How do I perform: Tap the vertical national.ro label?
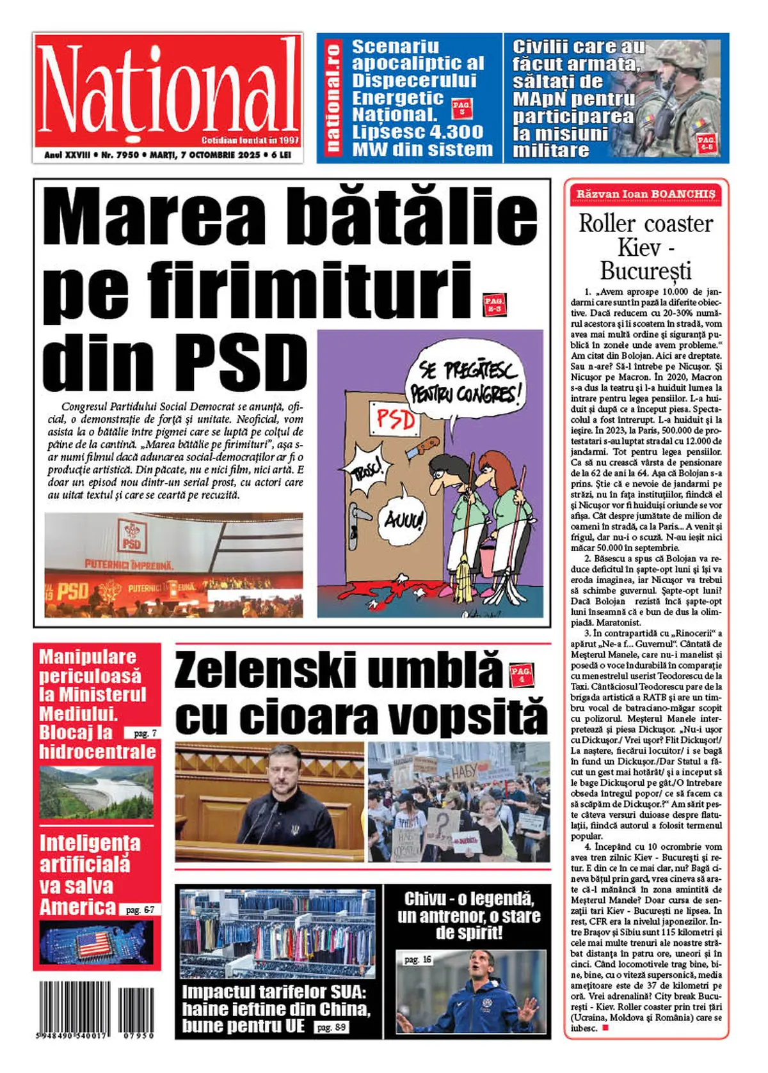point(333,97)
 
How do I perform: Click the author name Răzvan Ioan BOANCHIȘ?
point(646,194)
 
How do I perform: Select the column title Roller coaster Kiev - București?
point(646,246)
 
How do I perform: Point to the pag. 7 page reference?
point(144,733)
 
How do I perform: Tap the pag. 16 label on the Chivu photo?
point(418,959)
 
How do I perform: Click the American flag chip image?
point(96,943)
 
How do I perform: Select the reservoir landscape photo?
point(96,792)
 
